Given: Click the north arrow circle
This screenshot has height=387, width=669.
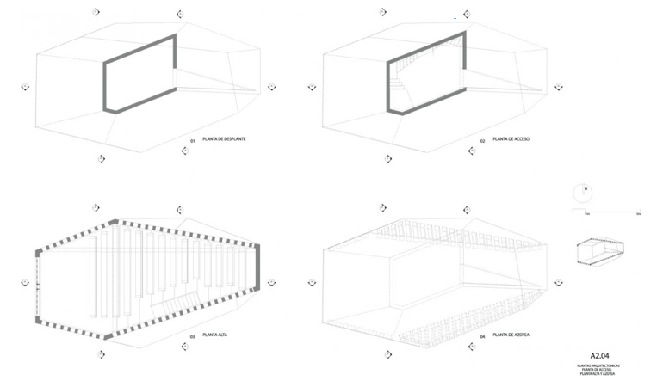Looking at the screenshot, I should click(584, 190).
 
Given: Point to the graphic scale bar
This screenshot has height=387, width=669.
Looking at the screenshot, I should click(608, 211).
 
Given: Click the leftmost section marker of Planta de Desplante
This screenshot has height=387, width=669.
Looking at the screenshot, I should click(26, 87).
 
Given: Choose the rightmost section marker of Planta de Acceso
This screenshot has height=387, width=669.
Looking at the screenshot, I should click(560, 87).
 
